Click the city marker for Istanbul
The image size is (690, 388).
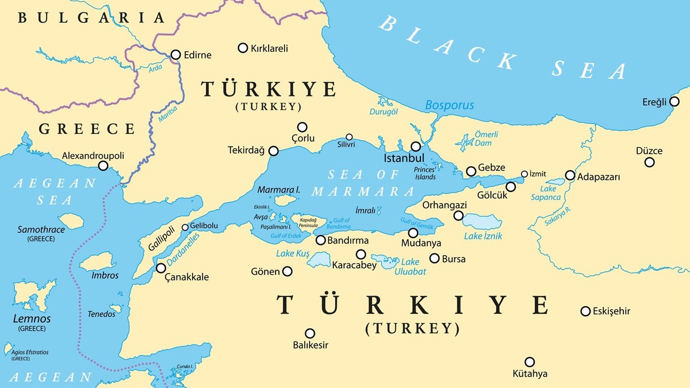click(416, 147)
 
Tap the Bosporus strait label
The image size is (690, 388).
click(449, 105)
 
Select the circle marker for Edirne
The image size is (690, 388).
click(176, 55)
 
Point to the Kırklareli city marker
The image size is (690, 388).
click(243, 48)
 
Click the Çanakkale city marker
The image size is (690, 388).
click(162, 268)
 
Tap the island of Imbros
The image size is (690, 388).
click(96, 262)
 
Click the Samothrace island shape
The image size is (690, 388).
click(72, 220)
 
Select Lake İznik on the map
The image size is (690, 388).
click(481, 221)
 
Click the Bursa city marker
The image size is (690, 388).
click(435, 258)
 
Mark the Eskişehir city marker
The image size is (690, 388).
click(585, 311)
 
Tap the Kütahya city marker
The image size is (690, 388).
click(530, 362)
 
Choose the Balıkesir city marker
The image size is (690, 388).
click(310, 333)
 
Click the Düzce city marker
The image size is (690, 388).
click(649, 162)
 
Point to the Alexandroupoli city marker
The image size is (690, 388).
click(103, 166)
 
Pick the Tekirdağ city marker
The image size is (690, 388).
click(274, 151)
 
